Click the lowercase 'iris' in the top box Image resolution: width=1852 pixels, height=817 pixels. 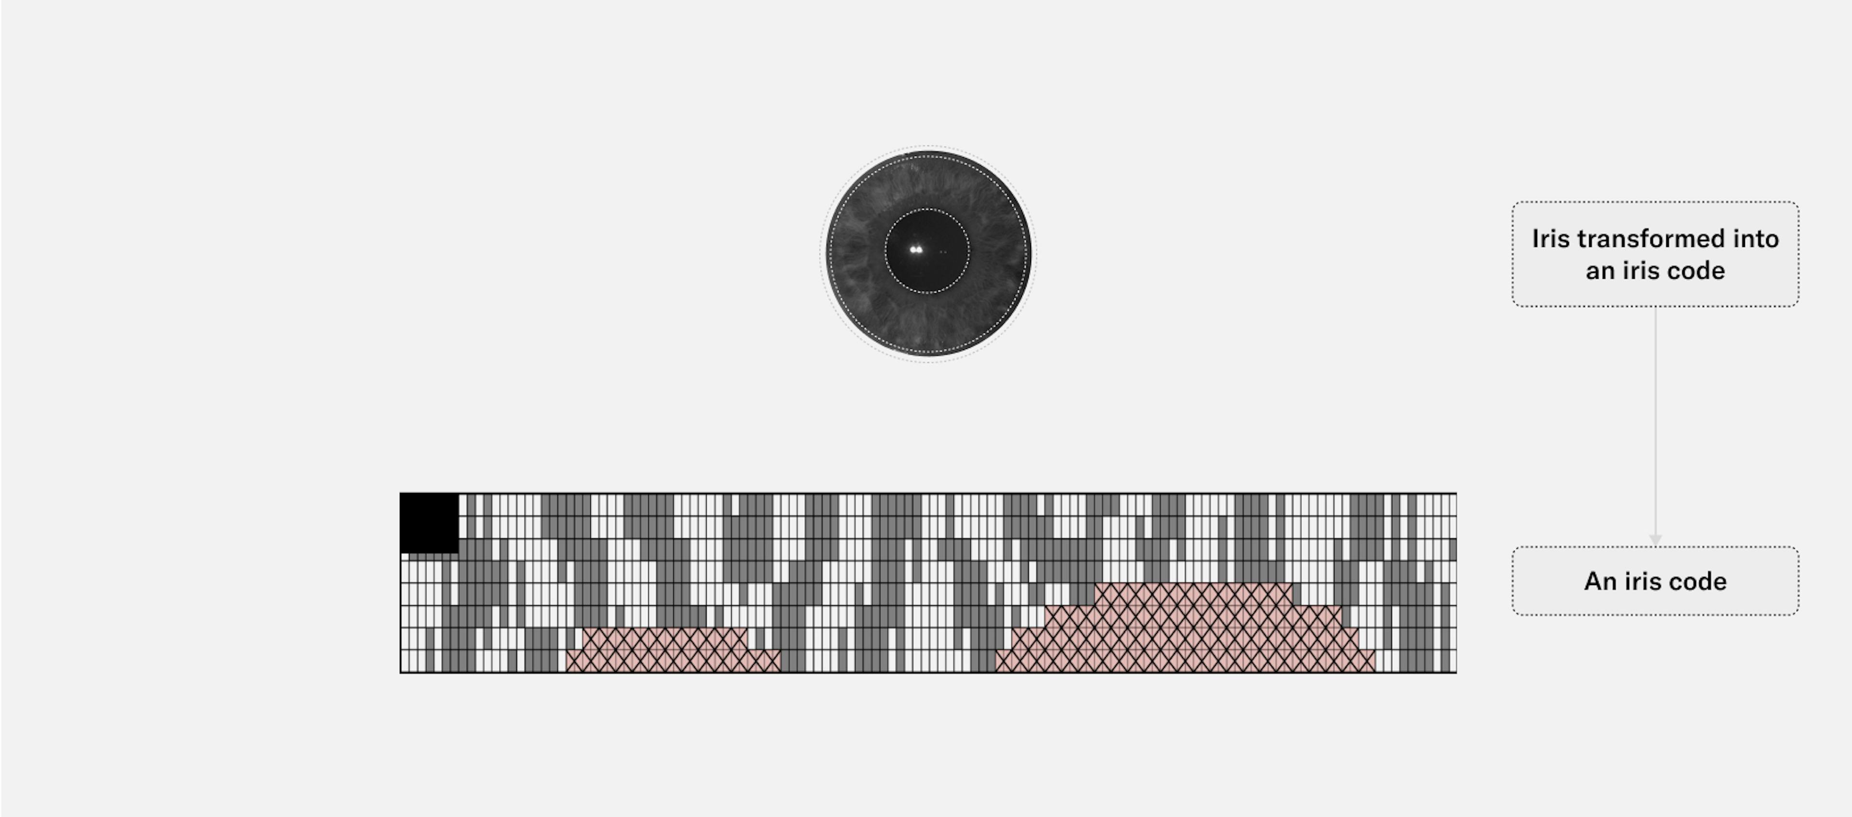[x=1635, y=271]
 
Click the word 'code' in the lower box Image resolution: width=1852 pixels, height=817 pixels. [x=1693, y=581]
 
